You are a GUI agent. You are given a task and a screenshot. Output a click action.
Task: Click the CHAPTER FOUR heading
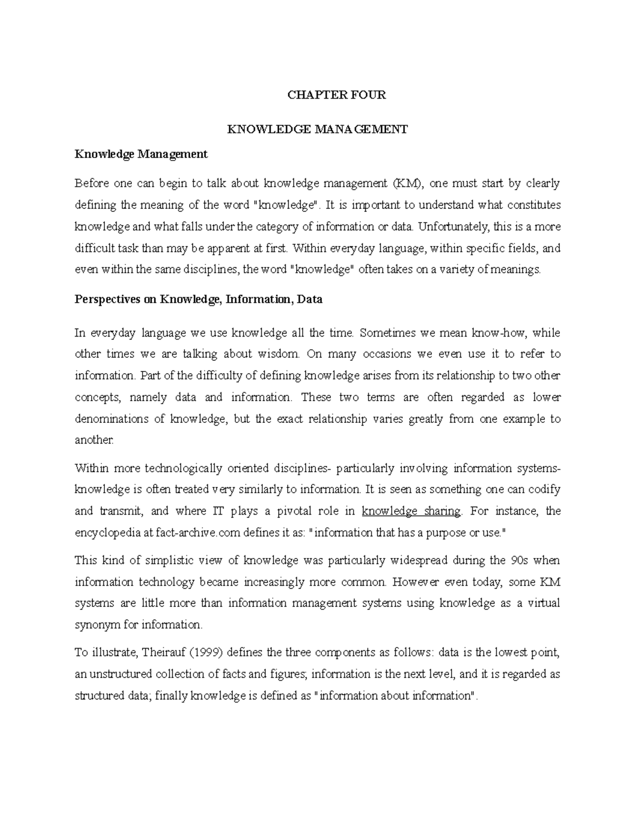337,95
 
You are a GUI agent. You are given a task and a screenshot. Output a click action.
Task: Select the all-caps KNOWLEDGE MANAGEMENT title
317,129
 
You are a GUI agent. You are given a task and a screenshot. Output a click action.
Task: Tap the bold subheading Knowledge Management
141,154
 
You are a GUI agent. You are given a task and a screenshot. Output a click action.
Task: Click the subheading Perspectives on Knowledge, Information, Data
199,299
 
